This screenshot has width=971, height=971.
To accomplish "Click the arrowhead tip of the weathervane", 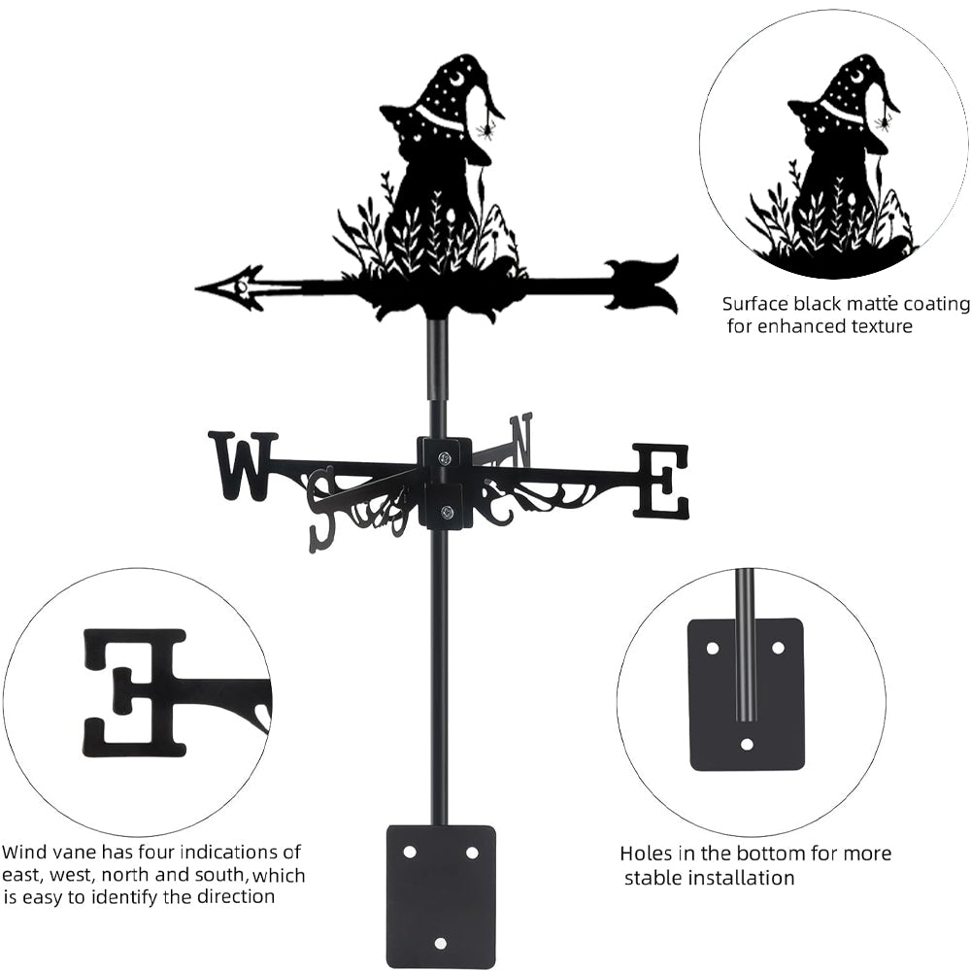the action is point(196,288).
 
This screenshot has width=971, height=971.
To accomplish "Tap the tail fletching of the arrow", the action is point(641,285).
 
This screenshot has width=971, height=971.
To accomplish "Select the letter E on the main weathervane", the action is point(659,480).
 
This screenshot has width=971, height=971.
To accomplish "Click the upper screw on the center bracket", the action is point(445,458).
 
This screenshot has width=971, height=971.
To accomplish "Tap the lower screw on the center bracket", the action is point(445,512).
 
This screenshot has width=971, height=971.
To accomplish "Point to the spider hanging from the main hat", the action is point(485,129).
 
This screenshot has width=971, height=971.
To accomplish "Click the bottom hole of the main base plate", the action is point(440,943).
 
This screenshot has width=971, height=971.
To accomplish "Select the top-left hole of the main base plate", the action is point(410,853).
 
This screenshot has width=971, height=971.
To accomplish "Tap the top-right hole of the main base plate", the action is point(472,853).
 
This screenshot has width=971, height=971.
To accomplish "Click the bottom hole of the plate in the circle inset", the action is point(747,744).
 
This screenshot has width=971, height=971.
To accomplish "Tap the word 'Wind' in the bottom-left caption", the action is point(23,852).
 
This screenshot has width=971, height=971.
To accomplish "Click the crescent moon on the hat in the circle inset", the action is point(857,77).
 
